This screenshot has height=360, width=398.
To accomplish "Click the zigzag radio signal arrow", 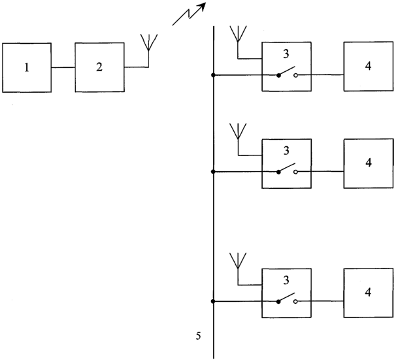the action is coord(189,14).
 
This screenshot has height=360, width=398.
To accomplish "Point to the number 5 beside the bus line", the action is coord(198,336).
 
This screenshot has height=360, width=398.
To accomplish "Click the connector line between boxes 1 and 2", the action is coord(63,67).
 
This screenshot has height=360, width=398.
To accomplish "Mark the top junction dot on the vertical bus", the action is coord(214,75).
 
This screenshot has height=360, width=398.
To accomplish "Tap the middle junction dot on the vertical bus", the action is coord(214,172).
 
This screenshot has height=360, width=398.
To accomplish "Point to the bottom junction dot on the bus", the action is coord(213,301).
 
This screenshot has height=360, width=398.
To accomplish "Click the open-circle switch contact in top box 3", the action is coord(295,75).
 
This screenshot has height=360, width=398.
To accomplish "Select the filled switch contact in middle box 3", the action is coord(278,172).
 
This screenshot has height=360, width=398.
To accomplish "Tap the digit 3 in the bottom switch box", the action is coord(286,280).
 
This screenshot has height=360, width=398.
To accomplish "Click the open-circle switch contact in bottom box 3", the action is coord(295,302).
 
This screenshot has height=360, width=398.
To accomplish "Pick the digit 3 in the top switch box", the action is coord(286,54).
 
